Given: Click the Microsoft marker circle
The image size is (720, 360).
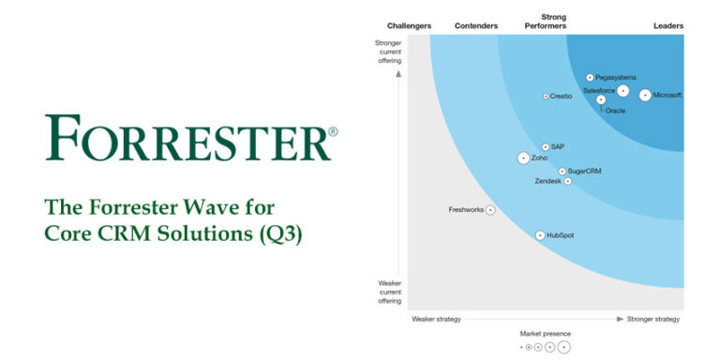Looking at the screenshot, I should (x=645, y=95).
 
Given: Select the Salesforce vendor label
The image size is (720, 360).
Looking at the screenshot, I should (x=599, y=91).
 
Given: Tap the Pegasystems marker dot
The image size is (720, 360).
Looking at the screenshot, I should (x=590, y=78).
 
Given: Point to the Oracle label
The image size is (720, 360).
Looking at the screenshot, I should (x=615, y=112).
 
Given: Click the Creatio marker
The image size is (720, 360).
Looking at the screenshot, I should (x=546, y=96).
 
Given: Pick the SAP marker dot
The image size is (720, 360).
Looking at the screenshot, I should (x=546, y=147).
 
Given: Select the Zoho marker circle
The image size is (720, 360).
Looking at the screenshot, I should (x=523, y=158).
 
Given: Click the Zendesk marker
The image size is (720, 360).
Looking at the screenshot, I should (x=567, y=182).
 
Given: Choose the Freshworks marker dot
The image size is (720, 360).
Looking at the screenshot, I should (x=490, y=210).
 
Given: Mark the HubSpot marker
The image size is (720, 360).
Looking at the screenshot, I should (x=540, y=235).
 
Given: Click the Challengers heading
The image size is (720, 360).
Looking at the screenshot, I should (x=408, y=26).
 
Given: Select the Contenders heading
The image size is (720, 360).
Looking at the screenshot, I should (x=475, y=26).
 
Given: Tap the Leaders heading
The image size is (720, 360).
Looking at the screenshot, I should (x=668, y=26).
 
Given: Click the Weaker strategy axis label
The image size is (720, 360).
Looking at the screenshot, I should (x=436, y=319).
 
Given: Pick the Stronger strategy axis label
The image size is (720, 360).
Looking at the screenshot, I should (x=653, y=319).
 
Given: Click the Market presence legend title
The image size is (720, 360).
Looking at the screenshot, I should (x=546, y=334).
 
